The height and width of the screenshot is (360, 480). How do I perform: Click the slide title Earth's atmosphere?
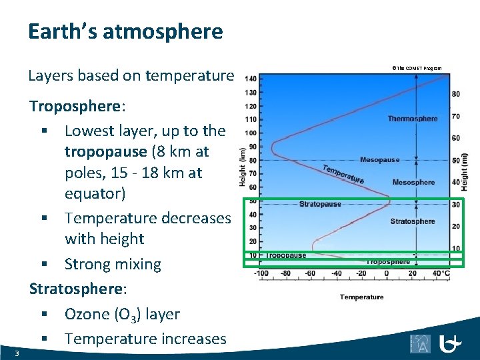pyautogui.click(x=125, y=31)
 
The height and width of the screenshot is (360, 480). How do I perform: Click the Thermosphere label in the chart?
pyautogui.click(x=413, y=119)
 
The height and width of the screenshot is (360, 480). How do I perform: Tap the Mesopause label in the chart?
pyautogui.click(x=379, y=160)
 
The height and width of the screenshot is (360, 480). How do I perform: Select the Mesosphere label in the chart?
pyautogui.click(x=413, y=183)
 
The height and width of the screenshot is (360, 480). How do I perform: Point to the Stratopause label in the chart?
pyautogui.click(x=319, y=204)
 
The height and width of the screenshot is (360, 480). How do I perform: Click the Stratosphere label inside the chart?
pyautogui.click(x=412, y=221)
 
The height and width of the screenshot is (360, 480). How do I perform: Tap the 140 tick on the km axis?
pyautogui.click(x=251, y=79)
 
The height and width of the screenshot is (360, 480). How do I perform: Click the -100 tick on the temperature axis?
pyautogui.click(x=261, y=273)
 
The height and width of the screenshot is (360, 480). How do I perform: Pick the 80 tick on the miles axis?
pyautogui.click(x=456, y=94)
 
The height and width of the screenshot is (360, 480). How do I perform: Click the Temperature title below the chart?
pyautogui.click(x=361, y=297)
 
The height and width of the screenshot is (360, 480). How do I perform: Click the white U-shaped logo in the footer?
pyautogui.click(x=451, y=343)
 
